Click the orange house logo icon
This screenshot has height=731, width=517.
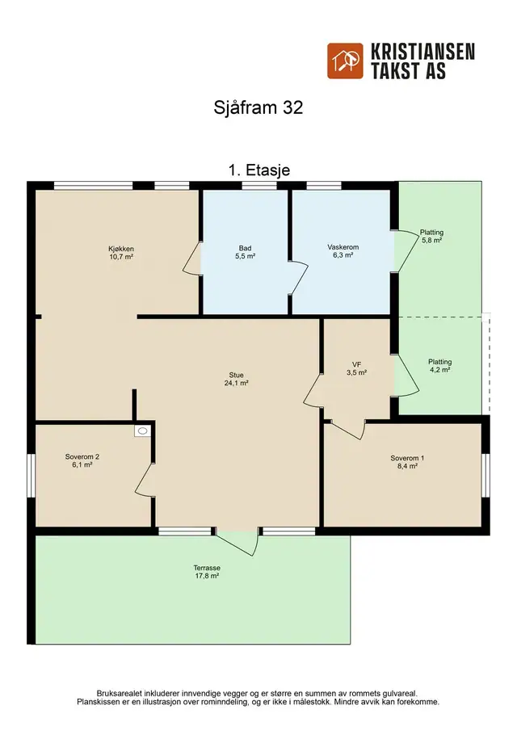click(345, 61)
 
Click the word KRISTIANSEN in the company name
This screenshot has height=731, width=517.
click(422, 52)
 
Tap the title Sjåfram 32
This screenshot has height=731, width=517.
click(258, 107)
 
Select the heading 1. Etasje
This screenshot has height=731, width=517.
click(258, 170)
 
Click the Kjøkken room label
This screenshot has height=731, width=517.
click(121, 253)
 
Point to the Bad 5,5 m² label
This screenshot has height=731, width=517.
click(246, 252)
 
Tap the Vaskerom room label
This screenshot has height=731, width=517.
click(343, 251)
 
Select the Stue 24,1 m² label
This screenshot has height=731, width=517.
click(237, 379)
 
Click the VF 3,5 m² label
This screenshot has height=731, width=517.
click(356, 369)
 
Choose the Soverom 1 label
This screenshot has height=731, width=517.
click(407, 461)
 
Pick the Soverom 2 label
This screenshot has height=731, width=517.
click(82, 460)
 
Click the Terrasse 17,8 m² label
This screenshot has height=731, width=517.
click(207, 572)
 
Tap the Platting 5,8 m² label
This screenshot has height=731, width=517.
click(431, 237)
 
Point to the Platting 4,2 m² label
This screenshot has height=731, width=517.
click(439, 365)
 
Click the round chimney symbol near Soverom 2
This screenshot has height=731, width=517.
click(143, 431)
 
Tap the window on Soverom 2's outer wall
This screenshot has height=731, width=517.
click(32, 476)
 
